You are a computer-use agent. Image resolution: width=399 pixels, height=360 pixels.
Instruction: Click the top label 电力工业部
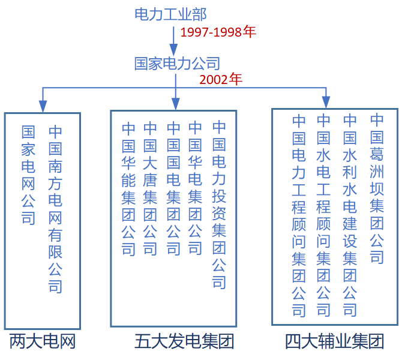click(x=170, y=14)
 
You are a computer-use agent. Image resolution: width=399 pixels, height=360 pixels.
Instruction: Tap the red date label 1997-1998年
click(x=218, y=32)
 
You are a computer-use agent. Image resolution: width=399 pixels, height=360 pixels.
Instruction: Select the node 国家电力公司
click(x=177, y=64)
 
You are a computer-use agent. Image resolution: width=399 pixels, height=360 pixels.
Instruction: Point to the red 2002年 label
click(x=221, y=79)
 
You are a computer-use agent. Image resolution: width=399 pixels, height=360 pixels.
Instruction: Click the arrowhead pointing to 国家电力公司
click(x=173, y=49)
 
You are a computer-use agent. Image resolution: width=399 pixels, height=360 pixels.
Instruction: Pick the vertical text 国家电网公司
click(x=28, y=175)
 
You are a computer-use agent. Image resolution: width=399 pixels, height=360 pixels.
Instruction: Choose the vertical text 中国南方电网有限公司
click(x=55, y=209)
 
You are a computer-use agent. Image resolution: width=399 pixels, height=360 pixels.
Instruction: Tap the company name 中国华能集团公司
click(x=128, y=188)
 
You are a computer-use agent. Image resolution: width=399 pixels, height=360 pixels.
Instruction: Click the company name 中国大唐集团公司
click(x=150, y=188)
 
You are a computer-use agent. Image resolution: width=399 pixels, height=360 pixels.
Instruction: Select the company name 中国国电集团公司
click(x=173, y=188)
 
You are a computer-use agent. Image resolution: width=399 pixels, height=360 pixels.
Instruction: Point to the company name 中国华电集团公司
click(x=195, y=188)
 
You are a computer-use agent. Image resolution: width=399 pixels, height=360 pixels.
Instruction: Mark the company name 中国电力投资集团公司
click(x=219, y=205)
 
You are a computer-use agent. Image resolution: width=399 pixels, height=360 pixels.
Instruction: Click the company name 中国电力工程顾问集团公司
click(x=299, y=216)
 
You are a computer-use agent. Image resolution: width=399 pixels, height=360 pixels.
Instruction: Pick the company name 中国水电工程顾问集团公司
click(x=323, y=216)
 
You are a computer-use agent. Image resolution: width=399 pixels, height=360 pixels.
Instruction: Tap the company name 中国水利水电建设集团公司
click(x=350, y=216)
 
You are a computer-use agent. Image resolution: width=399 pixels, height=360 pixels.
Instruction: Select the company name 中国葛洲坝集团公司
click(x=377, y=189)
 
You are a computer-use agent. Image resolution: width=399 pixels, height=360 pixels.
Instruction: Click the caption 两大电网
click(x=43, y=341)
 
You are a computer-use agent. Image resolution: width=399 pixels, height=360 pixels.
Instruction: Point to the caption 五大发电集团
click(x=184, y=341)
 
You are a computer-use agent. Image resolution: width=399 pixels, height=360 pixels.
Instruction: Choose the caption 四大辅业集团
click(x=334, y=341)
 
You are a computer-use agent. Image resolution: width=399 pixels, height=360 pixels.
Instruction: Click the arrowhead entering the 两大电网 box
click(x=43, y=106)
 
